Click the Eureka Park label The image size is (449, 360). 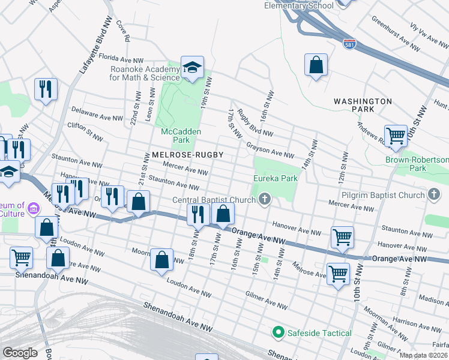coord(276,178)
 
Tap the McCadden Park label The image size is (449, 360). coord(181,136)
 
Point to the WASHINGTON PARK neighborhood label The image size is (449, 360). coord(363,105)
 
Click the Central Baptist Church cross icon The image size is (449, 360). coord(264,200)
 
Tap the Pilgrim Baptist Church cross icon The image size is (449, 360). coord(433,195)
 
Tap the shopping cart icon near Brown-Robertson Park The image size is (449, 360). coord(396,136)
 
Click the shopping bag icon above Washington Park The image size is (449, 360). coord(316,65)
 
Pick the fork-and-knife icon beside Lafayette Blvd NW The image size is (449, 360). coord(46,89)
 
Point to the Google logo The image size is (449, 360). coord(20,353)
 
